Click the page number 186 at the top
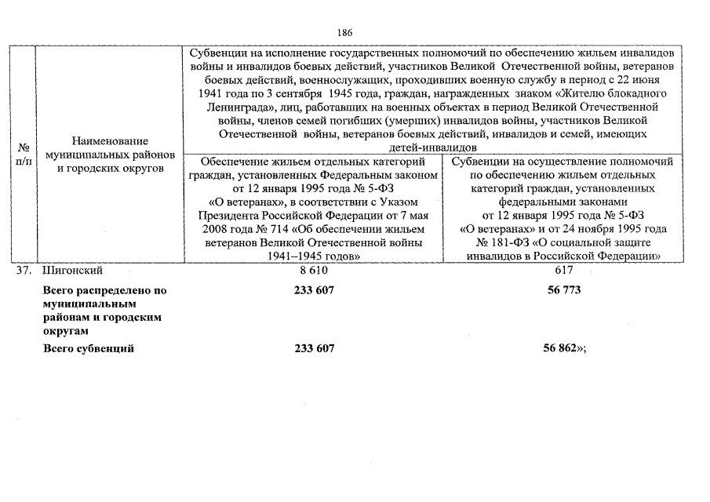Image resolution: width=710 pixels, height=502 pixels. tap(344, 33)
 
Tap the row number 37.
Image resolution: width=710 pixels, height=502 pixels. tap(24, 271)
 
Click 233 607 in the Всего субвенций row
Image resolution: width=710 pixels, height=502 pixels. tap(314, 348)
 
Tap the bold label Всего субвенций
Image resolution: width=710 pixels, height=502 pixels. tap(88, 348)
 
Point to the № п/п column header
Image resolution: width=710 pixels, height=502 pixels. tap(24, 154)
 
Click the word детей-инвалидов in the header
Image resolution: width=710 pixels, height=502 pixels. tap(433, 147)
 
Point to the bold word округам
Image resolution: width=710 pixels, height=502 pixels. tap(64, 332)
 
